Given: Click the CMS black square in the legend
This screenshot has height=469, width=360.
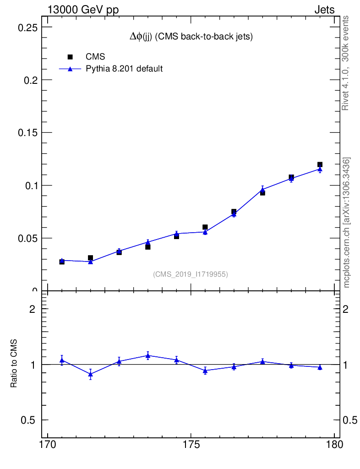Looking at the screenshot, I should pyautogui.click(x=70, y=57).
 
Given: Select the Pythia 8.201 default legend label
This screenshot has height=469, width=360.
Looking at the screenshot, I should pyautogui.click(x=125, y=69).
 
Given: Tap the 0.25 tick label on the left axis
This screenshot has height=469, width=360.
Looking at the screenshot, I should pyautogui.click(x=27, y=27).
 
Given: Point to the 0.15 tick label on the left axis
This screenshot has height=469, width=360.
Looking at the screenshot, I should pyautogui.click(x=27, y=133).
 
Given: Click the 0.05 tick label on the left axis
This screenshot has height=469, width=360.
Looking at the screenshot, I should pyautogui.click(x=27, y=238).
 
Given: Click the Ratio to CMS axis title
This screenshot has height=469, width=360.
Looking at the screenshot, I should pyautogui.click(x=14, y=364).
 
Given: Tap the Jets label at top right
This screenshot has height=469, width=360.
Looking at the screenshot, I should pyautogui.click(x=324, y=10).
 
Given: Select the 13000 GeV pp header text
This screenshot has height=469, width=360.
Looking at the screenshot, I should pyautogui.click(x=83, y=10).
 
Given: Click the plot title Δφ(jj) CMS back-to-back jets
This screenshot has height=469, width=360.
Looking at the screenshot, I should pyautogui.click(x=191, y=37).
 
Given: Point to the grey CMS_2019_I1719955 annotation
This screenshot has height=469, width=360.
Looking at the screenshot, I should pyautogui.click(x=191, y=274).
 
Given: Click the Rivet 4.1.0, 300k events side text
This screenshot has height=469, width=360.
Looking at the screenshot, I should pyautogui.click(x=346, y=63).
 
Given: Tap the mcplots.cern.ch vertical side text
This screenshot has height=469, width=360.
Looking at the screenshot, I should pyautogui.click(x=347, y=223).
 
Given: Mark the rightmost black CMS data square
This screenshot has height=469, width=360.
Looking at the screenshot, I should pyautogui.click(x=320, y=164).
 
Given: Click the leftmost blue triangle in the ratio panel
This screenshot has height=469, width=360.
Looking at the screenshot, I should pyautogui.click(x=62, y=360).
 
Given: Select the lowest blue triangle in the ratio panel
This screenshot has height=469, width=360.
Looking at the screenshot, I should pyautogui.click(x=91, y=374).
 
